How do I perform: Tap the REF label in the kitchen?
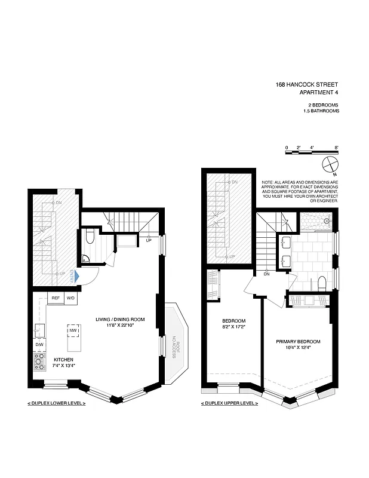tap(55, 298)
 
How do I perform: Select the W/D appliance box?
tap(70, 298)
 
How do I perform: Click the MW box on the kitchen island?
tap(73, 330)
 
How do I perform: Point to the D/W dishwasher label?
tap(39, 345)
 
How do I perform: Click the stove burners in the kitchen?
tap(39, 360)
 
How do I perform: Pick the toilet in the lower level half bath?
tap(90, 238)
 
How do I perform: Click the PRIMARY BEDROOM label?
tap(298, 342)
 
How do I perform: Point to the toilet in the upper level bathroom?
tap(321, 283)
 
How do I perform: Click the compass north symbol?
tap(330, 164)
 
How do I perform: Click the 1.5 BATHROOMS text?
tap(321, 111)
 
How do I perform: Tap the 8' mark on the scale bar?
tap(337, 147)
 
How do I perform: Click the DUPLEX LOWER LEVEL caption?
tap(56, 404)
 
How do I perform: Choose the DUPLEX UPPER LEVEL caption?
tap(230, 404)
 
